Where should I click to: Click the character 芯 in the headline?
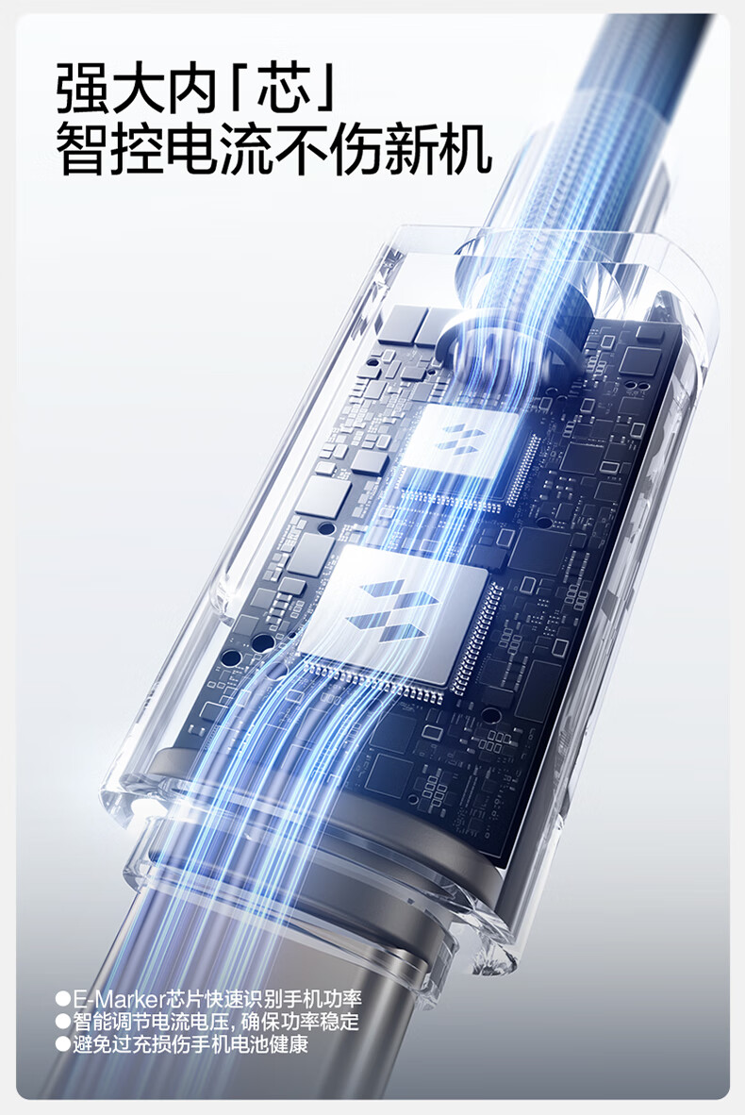click(284, 88)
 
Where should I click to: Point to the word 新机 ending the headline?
click(438, 149)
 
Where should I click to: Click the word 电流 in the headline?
click(220, 149)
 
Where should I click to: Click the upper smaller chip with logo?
click(458, 441)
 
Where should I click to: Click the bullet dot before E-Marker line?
click(63, 998)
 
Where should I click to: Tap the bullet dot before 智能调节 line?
click(63, 1022)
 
